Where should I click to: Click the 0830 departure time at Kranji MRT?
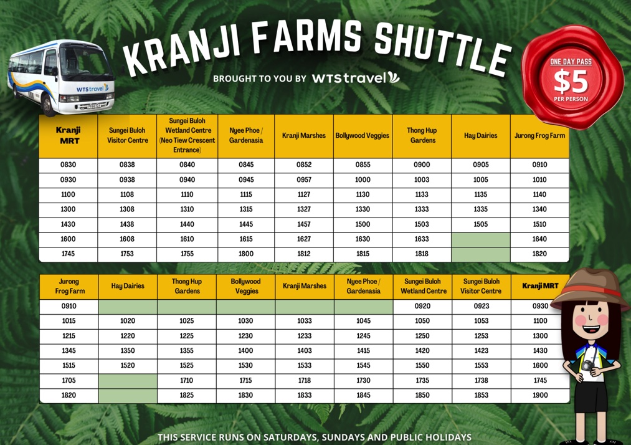click(x=68, y=165)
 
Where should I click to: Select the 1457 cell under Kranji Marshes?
click(x=304, y=224)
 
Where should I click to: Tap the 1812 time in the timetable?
click(x=304, y=254)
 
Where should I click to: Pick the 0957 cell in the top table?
click(x=304, y=179)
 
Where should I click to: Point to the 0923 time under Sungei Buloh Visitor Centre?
click(x=482, y=306)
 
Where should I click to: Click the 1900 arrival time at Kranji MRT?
click(x=540, y=395)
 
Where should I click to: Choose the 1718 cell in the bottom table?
click(x=305, y=380)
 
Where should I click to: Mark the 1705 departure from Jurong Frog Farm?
click(x=69, y=380)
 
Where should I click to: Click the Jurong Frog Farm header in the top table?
click(x=539, y=136)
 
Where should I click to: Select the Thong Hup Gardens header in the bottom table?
click(x=187, y=286)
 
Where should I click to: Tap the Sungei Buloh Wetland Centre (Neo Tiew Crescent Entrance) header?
click(x=187, y=135)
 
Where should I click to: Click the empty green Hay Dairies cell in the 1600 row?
click(x=481, y=239)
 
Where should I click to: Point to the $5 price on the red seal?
click(x=571, y=81)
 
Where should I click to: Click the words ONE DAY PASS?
click(x=571, y=62)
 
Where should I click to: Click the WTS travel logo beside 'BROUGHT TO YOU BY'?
click(x=356, y=77)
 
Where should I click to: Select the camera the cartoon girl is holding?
click(x=587, y=365)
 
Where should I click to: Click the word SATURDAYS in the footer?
click(x=290, y=438)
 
